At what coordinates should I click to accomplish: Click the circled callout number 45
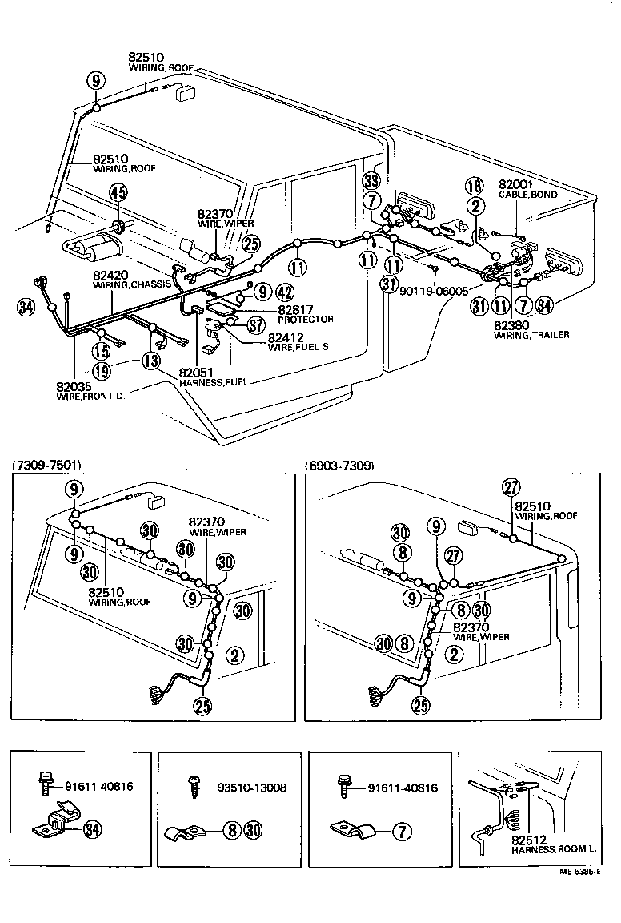[x=118, y=192]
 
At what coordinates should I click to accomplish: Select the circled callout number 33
[x=371, y=179]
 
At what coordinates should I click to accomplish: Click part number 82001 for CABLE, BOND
[x=515, y=183]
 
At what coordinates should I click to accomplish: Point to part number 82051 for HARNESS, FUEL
[x=196, y=373]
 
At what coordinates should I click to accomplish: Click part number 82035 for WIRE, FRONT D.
[x=74, y=385]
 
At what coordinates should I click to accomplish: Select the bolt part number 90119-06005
[x=433, y=292]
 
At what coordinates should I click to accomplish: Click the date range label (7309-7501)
[x=46, y=465]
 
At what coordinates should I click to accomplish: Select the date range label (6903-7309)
[x=339, y=465]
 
